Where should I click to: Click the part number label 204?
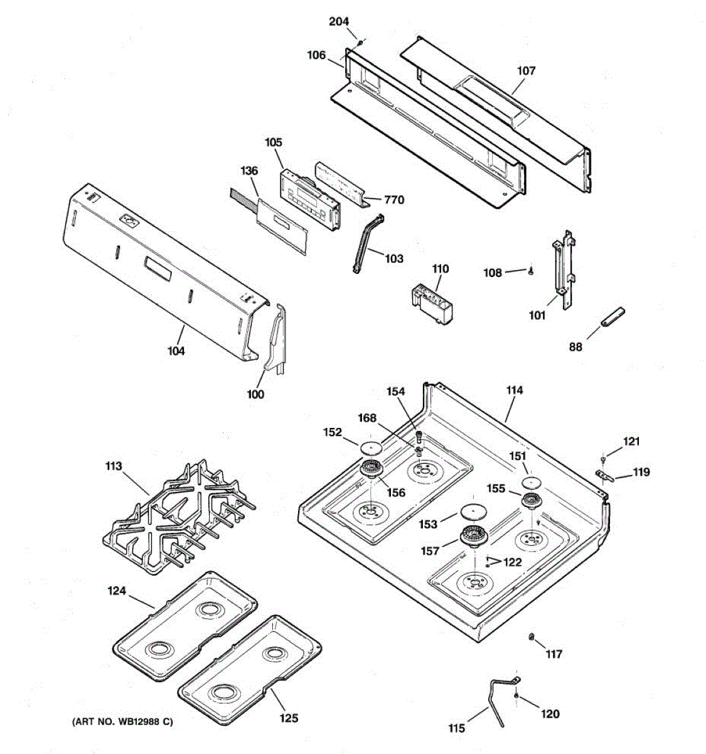339,21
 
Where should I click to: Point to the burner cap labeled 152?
370,447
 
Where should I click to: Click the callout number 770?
394,200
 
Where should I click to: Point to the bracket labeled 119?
603,476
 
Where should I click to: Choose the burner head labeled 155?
532,501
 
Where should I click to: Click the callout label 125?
289,718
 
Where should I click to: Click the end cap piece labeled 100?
276,342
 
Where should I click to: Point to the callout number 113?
114,466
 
